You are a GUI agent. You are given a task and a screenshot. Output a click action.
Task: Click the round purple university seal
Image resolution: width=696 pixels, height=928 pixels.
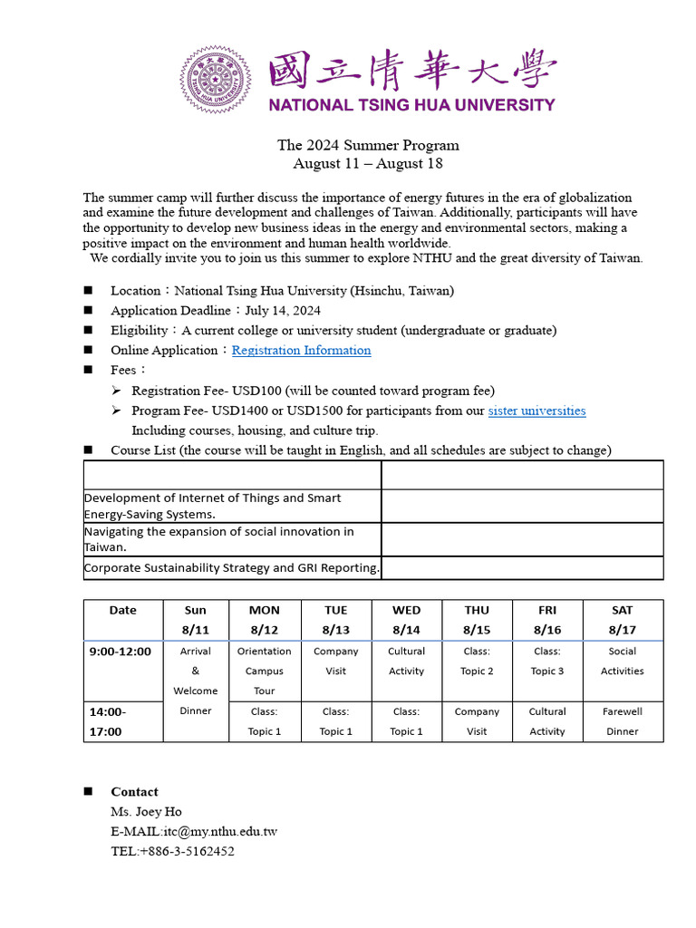point(215,80)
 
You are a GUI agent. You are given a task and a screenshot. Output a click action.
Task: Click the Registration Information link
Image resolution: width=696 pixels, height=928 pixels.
point(301,351)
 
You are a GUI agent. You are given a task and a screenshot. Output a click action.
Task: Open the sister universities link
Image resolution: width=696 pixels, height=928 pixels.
point(536,411)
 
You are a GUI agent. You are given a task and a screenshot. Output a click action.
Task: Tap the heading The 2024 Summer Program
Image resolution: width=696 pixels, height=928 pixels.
point(368,145)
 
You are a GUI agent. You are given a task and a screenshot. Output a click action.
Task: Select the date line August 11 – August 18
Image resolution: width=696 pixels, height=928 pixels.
point(368,164)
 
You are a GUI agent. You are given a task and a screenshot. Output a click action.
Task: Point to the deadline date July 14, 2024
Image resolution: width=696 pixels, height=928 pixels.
point(283,311)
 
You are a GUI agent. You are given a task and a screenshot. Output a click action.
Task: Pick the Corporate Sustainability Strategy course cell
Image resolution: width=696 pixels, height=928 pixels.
point(232,568)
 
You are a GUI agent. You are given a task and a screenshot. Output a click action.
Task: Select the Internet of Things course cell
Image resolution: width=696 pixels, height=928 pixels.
point(232,506)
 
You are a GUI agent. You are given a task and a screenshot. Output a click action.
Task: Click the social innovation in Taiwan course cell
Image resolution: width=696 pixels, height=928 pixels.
point(232,539)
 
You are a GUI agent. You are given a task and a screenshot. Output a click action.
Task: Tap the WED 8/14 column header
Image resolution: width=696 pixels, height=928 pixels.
point(406,620)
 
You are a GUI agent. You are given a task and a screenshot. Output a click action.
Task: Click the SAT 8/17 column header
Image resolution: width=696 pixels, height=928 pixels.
point(622,620)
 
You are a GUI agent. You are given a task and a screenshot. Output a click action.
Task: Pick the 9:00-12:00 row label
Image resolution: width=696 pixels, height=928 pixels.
point(121,652)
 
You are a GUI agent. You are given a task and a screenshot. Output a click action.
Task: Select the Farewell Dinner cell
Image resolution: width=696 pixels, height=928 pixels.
point(622,721)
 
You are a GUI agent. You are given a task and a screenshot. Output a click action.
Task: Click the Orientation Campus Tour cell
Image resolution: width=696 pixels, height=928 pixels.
point(264,671)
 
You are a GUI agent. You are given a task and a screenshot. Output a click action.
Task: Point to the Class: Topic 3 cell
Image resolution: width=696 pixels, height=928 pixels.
point(547,662)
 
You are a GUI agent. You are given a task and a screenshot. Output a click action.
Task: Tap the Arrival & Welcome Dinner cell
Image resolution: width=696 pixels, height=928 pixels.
point(196,681)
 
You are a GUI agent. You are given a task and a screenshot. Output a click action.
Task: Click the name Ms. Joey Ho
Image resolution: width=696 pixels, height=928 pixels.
point(146,812)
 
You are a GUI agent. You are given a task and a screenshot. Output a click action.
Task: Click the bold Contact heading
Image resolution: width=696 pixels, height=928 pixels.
point(134,792)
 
